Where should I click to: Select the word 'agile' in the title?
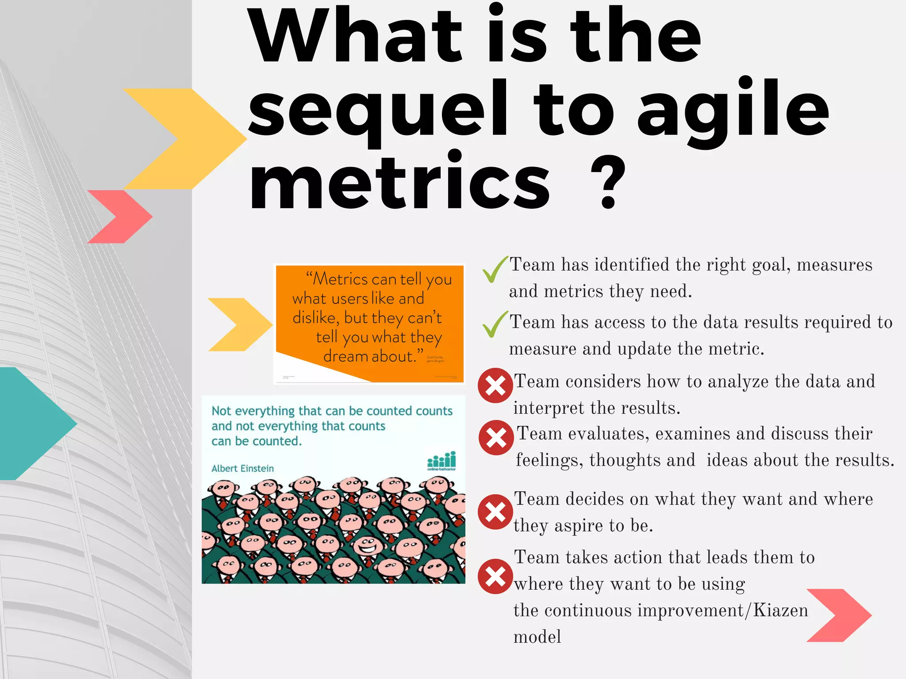pyautogui.click(x=732, y=111)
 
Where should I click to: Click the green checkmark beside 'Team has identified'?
pyautogui.click(x=495, y=269)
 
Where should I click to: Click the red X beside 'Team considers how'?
pyautogui.click(x=495, y=385)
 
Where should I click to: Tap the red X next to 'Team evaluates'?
pyautogui.click(x=496, y=438)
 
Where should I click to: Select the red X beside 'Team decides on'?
pyautogui.click(x=495, y=512)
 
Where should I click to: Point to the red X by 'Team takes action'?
pyautogui.click(x=495, y=576)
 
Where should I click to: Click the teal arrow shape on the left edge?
pyautogui.click(x=31, y=423)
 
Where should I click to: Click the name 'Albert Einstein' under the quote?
pyautogui.click(x=242, y=469)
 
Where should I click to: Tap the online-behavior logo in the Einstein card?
pyautogui.click(x=441, y=461)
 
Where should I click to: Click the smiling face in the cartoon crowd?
pyautogui.click(x=367, y=546)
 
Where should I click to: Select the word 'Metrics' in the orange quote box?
pyautogui.click(x=341, y=279)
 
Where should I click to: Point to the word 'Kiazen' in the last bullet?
pyautogui.click(x=780, y=611)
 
